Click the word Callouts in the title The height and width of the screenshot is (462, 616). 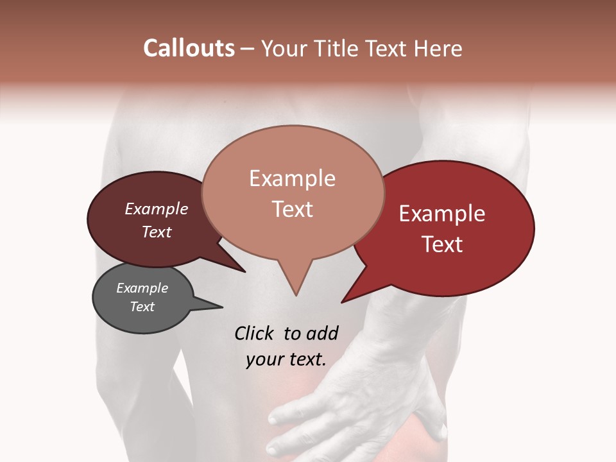(189, 48)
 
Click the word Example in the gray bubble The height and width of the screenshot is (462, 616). (142, 288)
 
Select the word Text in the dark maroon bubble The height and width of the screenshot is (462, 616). (157, 232)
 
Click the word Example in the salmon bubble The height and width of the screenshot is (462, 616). (292, 178)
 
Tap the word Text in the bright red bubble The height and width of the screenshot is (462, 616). (442, 244)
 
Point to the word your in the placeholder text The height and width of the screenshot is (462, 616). (264, 359)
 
